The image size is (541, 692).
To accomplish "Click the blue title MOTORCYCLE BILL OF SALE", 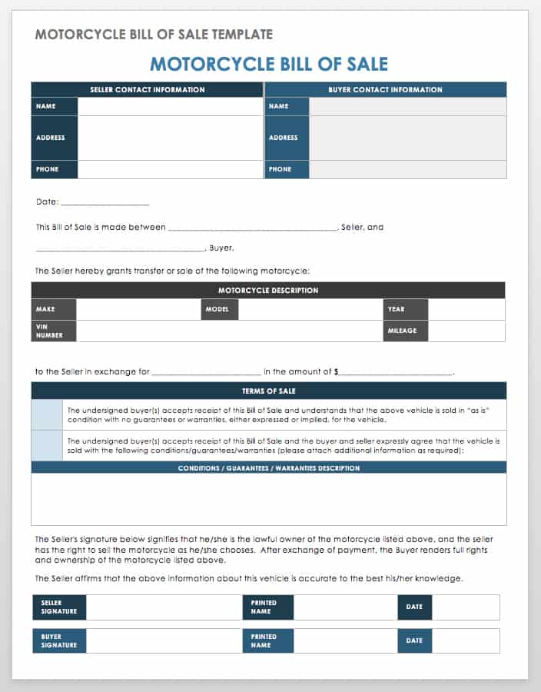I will [268, 64].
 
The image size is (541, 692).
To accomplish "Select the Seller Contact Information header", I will [147, 90].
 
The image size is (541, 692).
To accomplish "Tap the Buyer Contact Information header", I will [385, 90].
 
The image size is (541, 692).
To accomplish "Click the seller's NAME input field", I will [170, 106].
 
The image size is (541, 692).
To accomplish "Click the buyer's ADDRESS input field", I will [407, 138].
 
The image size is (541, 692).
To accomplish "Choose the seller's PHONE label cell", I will [55, 169].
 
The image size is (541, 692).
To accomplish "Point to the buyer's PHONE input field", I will [407, 169].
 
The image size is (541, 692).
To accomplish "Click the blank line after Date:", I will [105, 202].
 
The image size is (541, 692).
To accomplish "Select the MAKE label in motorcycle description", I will [54, 309].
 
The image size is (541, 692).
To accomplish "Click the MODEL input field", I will [310, 309].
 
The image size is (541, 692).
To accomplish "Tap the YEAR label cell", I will [405, 309].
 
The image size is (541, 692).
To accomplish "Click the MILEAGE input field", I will [466, 331].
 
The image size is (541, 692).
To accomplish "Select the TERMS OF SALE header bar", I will [268, 391].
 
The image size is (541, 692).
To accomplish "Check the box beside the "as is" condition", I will [47, 414].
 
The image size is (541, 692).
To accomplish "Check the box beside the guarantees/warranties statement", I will [47, 445].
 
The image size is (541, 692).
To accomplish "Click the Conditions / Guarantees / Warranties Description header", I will [268, 467].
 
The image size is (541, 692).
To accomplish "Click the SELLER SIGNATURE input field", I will [164, 607].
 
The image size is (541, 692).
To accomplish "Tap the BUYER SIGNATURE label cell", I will [59, 640].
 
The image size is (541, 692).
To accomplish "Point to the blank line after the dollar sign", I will [396, 371].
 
